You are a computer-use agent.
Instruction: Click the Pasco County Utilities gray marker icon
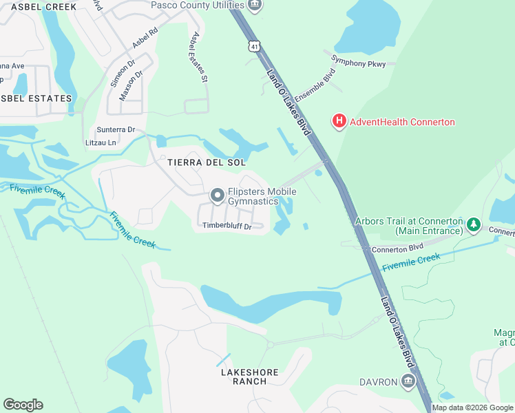(254, 6)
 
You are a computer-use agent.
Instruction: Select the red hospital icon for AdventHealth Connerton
(339, 122)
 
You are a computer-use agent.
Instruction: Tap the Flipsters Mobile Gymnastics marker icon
(218, 196)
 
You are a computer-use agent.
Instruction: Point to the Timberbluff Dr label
(227, 226)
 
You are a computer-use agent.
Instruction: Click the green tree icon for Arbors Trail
(473, 224)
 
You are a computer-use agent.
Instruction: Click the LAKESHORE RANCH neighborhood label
(249, 377)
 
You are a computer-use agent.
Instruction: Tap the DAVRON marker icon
(408, 381)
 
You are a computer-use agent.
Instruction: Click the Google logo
(23, 405)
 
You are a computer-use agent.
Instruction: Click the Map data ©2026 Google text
(472, 407)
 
